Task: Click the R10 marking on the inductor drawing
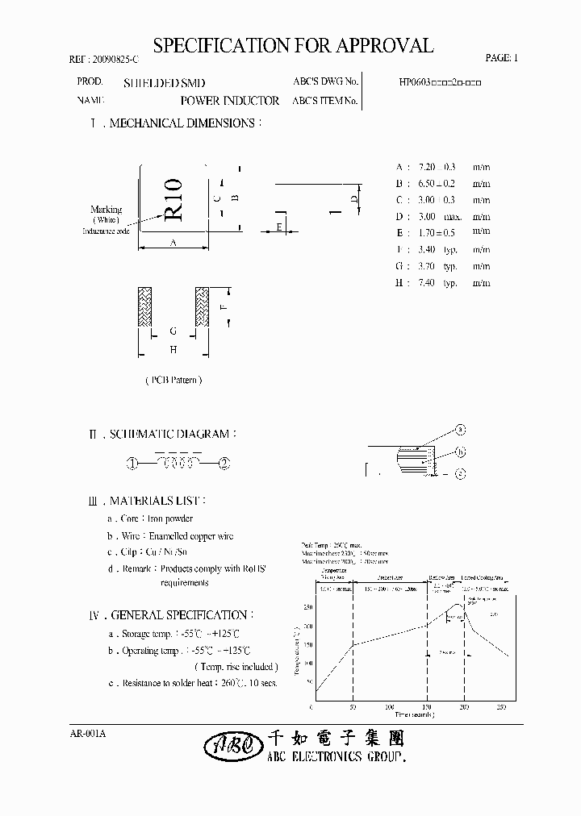pyautogui.click(x=174, y=202)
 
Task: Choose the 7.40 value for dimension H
pyautogui.click(x=428, y=283)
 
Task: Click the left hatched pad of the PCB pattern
pyautogui.click(x=145, y=307)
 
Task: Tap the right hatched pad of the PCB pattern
pyautogui.click(x=201, y=307)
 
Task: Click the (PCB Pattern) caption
pyautogui.click(x=173, y=379)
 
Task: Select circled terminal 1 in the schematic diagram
pyautogui.click(x=131, y=463)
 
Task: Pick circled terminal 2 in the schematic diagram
pyautogui.click(x=225, y=463)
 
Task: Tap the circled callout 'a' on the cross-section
pyautogui.click(x=461, y=429)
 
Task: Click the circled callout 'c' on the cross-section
pyautogui.click(x=460, y=474)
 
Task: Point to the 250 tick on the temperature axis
pyautogui.click(x=308, y=607)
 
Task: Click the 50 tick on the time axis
pyautogui.click(x=352, y=707)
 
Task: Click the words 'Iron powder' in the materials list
pyautogui.click(x=170, y=518)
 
